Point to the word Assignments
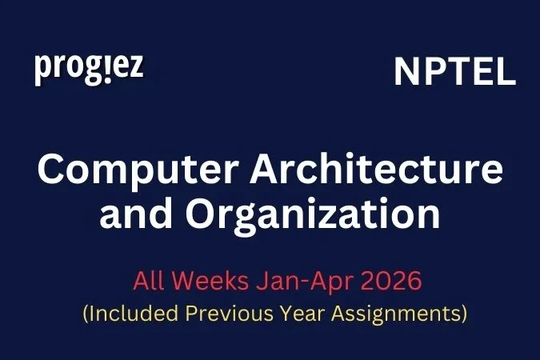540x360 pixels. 401,314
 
